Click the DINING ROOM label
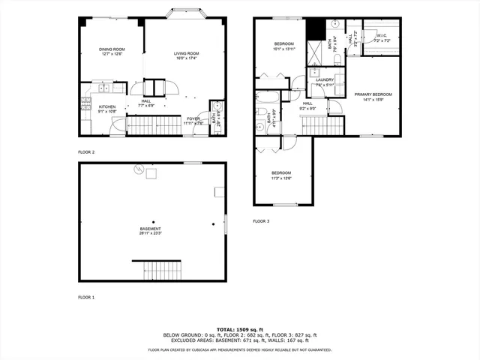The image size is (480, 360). pos(110,49)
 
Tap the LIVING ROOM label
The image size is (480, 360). pos(186,52)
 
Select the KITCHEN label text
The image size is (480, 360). pos(107,106)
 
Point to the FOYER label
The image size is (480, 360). pos(193,118)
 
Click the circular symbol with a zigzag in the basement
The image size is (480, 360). pos(138,169)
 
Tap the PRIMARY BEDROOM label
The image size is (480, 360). pos(373,94)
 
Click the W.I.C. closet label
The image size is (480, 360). pos(381,35)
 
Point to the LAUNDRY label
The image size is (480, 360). pos(324,79)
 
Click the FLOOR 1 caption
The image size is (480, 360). pos(86,298)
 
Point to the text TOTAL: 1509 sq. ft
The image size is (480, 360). pos(240,328)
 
